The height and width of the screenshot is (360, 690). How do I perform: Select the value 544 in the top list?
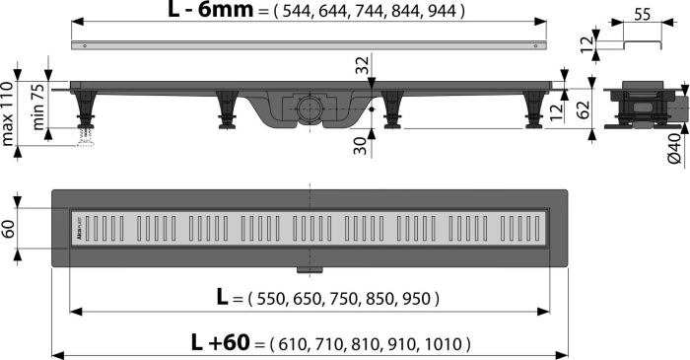pos(300,13)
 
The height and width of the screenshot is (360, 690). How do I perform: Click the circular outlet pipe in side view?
pos(307,107)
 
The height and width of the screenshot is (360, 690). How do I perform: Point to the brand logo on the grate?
pos(80,234)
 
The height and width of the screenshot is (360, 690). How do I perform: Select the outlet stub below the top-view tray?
pos(308,268)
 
